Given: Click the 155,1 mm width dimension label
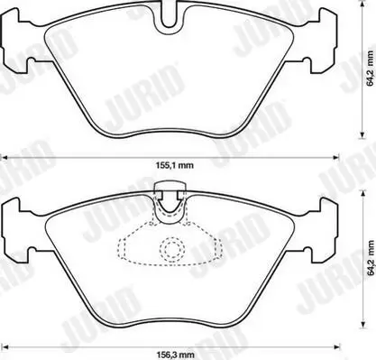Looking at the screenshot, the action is (x=175, y=165).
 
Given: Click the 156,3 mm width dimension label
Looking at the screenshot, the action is (x=175, y=355).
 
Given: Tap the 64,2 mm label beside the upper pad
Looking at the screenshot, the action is (x=371, y=69).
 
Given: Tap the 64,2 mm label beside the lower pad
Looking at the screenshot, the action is (x=371, y=259).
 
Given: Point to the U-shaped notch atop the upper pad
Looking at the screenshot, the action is (x=170, y=19).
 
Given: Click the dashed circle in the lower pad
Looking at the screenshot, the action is (x=172, y=249).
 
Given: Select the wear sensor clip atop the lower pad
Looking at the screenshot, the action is (x=170, y=197).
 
